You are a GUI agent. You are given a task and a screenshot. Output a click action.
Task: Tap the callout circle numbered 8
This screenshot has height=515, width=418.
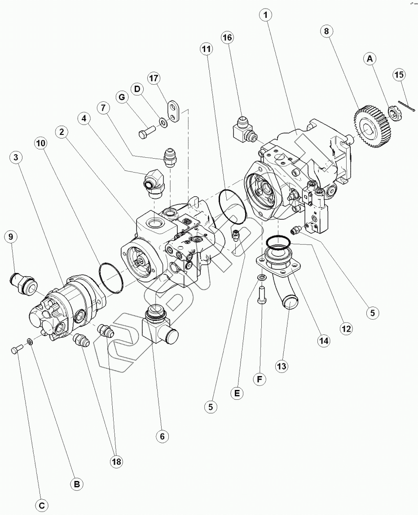click(x=327, y=31)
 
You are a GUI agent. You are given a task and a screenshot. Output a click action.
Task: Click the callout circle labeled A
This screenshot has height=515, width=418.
click(x=370, y=58)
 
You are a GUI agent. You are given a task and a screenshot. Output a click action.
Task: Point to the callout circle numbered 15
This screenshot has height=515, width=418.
click(x=399, y=74)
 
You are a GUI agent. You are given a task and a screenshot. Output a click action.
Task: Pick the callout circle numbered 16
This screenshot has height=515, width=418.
click(x=227, y=38)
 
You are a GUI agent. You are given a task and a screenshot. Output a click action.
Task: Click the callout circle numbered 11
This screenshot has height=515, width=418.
click(x=206, y=50)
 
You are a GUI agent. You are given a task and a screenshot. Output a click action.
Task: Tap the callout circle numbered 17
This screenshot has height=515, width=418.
click(x=154, y=78)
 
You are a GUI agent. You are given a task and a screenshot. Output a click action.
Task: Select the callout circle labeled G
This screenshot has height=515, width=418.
click(x=120, y=97)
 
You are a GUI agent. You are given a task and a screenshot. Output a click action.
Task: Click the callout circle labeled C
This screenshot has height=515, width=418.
click(x=42, y=506)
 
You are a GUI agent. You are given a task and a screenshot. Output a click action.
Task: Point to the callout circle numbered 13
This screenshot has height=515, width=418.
click(x=281, y=366)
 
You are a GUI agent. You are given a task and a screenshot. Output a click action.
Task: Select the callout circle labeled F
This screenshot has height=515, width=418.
click(x=259, y=379)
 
